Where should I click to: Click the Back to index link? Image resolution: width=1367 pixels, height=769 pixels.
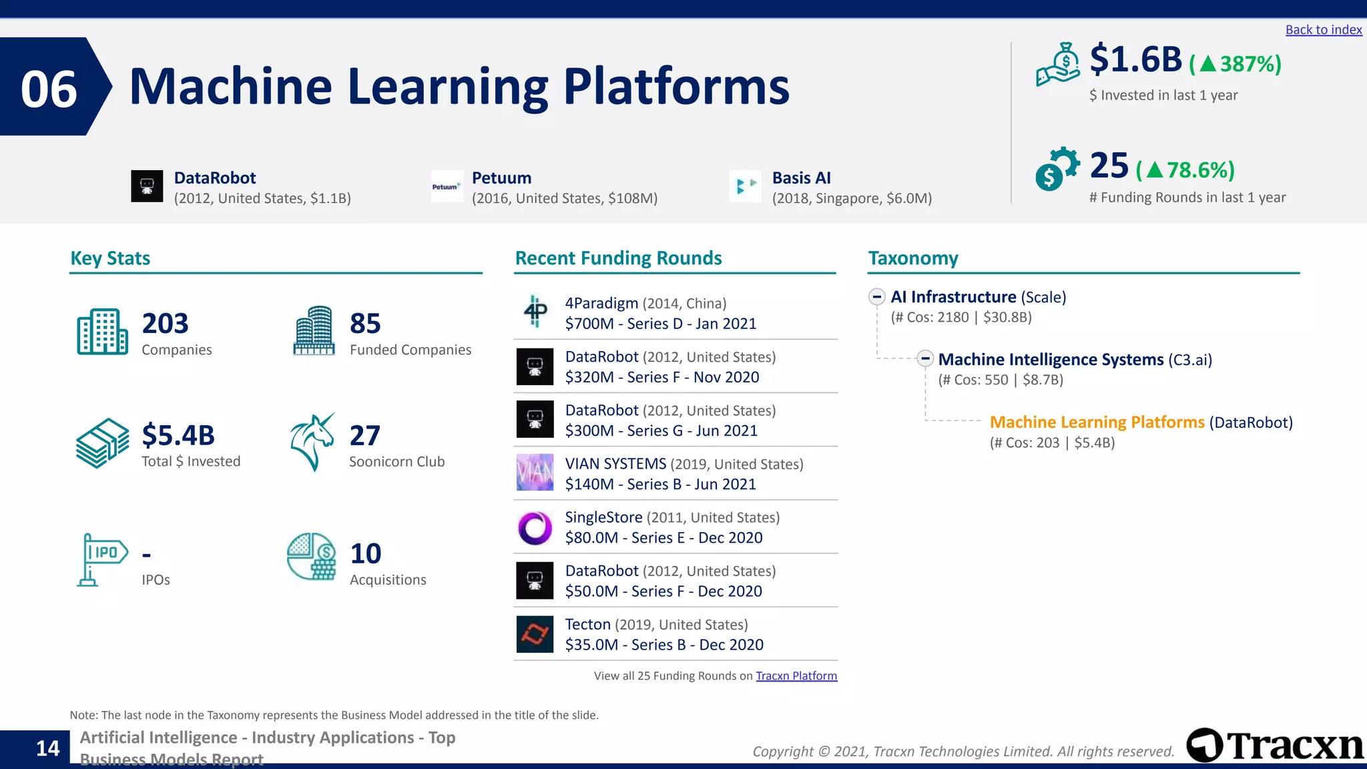pyautogui.click(x=1323, y=30)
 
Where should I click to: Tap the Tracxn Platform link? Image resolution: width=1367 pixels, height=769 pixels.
pyautogui.click(x=796, y=676)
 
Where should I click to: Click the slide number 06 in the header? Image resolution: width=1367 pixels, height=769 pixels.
pyautogui.click(x=49, y=89)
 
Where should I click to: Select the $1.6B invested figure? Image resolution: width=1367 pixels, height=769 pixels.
pyautogui.click(x=1135, y=59)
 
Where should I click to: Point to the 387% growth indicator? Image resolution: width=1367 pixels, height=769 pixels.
pyautogui.click(x=1236, y=64)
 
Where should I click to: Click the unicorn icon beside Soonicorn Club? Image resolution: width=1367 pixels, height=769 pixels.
pyautogui.click(x=312, y=442)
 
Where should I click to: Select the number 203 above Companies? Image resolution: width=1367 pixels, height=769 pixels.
pyautogui.click(x=165, y=324)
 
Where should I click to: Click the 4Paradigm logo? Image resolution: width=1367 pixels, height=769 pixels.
pyautogui.click(x=535, y=312)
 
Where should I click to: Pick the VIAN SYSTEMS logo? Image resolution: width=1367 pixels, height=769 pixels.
pyautogui.click(x=535, y=472)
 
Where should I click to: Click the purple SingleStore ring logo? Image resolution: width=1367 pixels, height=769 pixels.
pyautogui.click(x=535, y=528)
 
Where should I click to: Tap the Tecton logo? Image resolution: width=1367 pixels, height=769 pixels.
pyautogui.click(x=535, y=634)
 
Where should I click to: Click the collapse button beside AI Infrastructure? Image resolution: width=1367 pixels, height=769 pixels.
pyautogui.click(x=877, y=297)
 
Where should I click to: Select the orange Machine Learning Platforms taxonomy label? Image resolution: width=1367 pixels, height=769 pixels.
pyautogui.click(x=1097, y=423)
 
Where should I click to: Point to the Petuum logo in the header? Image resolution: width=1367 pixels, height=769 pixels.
pyautogui.click(x=447, y=187)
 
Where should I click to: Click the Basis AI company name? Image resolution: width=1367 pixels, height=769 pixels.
pyautogui.click(x=801, y=178)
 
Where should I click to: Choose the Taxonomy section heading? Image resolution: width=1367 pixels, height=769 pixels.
pyautogui.click(x=912, y=258)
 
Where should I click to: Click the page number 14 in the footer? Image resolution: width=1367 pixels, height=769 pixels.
pyautogui.click(x=47, y=748)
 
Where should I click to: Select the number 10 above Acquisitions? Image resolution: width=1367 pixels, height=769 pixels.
pyautogui.click(x=365, y=553)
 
